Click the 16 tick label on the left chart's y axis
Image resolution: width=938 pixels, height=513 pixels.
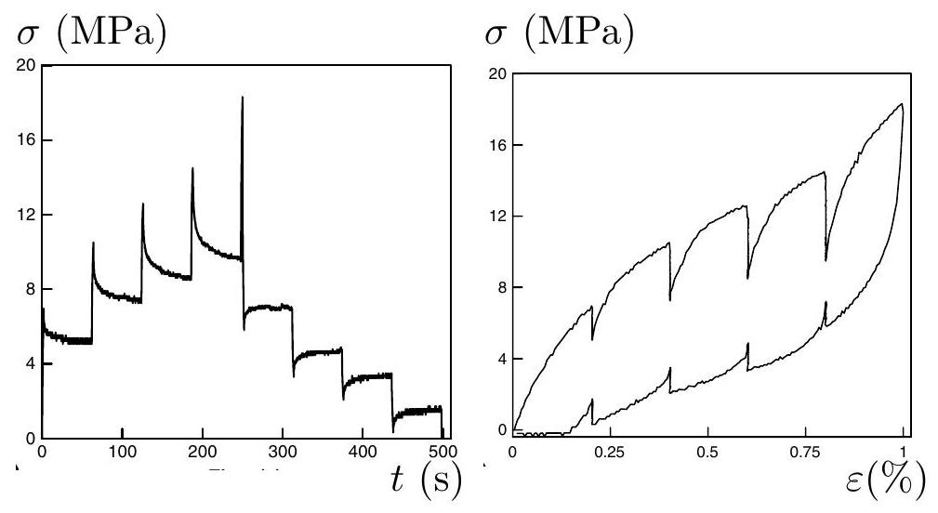[x=26, y=140]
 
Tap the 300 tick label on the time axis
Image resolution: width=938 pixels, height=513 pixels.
[x=283, y=452]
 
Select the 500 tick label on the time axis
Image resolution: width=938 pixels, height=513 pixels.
[x=443, y=452]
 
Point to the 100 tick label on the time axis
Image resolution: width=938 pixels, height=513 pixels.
[x=122, y=452]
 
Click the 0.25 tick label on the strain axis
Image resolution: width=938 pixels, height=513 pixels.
[x=610, y=452]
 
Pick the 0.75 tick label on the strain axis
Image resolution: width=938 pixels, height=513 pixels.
[x=806, y=452]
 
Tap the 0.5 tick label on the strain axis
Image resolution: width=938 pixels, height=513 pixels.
[x=707, y=452]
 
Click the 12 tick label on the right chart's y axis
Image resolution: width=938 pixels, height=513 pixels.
[x=497, y=216]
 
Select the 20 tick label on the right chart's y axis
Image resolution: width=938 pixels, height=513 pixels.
[x=497, y=73]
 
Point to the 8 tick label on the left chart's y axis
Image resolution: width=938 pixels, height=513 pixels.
[x=31, y=289]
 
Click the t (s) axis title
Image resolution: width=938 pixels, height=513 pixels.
[x=427, y=480]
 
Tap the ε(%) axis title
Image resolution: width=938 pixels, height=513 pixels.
[x=885, y=480]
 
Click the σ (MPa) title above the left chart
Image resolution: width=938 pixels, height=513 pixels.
[x=91, y=33]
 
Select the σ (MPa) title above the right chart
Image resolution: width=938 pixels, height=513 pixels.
[x=560, y=33]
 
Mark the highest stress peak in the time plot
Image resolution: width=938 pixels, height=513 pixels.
[x=243, y=97]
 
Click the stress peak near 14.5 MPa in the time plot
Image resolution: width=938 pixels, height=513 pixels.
[x=192, y=168]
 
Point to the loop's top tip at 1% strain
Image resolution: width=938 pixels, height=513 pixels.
[x=902, y=105]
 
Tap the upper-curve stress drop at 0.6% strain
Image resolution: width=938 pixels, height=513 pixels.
[x=747, y=243]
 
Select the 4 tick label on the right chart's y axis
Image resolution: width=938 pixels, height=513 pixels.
[x=502, y=359]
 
